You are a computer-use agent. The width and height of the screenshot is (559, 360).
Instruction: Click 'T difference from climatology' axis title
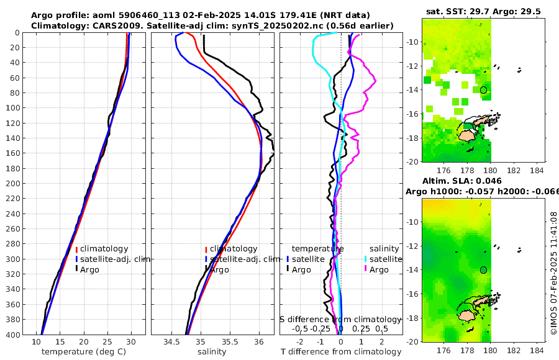(341, 352)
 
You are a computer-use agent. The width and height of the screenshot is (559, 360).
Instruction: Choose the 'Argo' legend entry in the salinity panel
(219, 269)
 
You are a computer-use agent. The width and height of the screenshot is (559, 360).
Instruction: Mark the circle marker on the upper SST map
(483, 90)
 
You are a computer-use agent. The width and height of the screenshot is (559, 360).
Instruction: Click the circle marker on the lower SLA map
(483, 270)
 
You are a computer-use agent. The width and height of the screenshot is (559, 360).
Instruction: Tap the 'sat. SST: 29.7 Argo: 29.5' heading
(483, 12)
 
